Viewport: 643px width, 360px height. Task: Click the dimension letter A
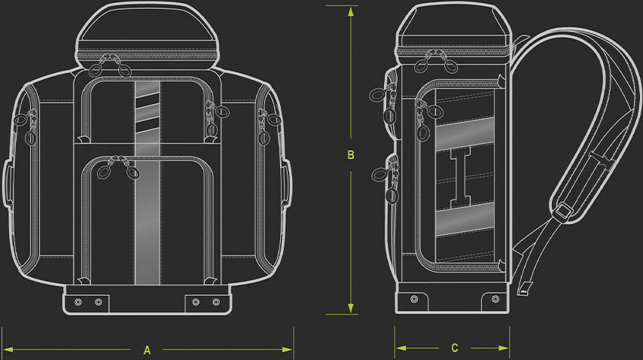(148, 350)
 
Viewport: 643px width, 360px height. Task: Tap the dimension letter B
(351, 155)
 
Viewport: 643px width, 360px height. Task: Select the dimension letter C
(454, 348)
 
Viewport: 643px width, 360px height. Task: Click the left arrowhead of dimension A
(8, 349)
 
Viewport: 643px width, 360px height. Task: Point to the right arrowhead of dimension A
(288, 349)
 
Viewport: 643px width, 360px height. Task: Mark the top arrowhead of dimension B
(351, 11)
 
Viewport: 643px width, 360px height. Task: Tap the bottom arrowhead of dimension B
(351, 309)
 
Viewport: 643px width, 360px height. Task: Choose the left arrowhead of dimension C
(401, 348)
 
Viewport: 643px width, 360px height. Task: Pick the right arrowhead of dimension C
(503, 348)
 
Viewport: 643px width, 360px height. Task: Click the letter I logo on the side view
(461, 178)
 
